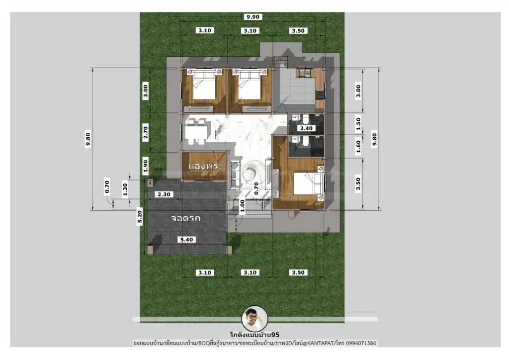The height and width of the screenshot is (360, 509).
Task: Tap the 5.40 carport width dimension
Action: coord(186,240)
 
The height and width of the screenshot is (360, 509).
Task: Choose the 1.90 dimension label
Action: coord(146,166)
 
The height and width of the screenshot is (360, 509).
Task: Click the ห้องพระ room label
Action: coord(205,166)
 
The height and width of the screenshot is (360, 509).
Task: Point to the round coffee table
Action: coord(251,173)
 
